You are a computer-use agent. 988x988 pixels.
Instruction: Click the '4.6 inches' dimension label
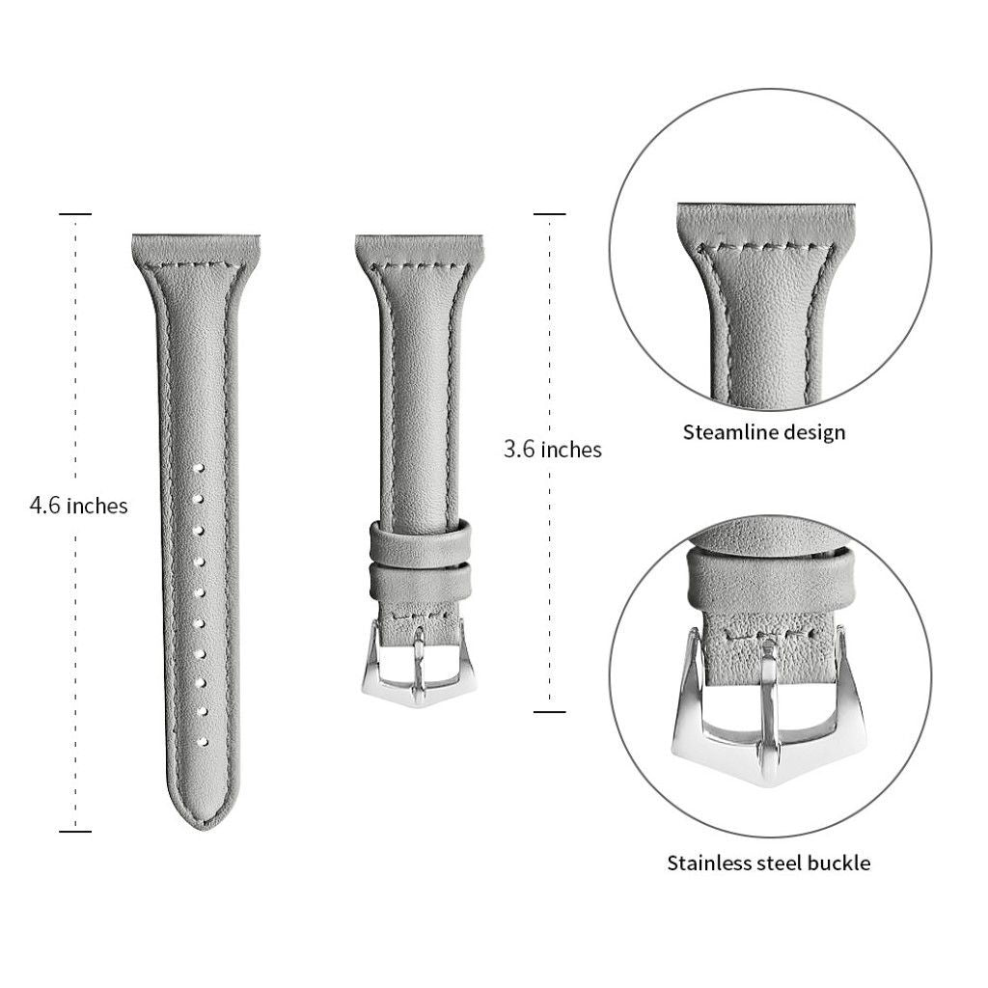click(x=79, y=506)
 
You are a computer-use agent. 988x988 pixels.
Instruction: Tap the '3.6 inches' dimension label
click(x=553, y=450)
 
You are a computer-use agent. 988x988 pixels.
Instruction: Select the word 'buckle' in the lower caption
click(x=838, y=863)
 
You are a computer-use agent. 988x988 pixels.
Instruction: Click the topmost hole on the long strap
click(x=199, y=468)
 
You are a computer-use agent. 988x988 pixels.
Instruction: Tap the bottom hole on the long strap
click(x=203, y=742)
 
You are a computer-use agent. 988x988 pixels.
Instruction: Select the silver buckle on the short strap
click(x=419, y=665)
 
